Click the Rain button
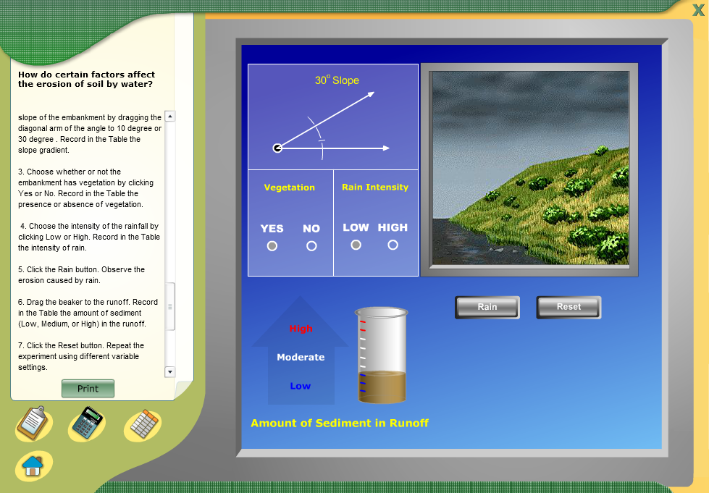[x=487, y=307]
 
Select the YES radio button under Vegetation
[x=272, y=246]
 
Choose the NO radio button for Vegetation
[x=311, y=246]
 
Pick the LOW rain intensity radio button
[x=356, y=245]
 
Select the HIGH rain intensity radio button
[x=393, y=245]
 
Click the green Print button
[x=88, y=389]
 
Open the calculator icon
[x=87, y=424]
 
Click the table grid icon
[x=143, y=424]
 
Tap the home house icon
[x=33, y=466]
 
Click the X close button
[x=698, y=10]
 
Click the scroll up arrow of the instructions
[x=170, y=116]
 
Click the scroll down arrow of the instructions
[x=170, y=372]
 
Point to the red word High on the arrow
[x=301, y=329]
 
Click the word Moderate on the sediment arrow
[x=301, y=357]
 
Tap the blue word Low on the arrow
[x=301, y=386]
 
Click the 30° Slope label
[x=337, y=80]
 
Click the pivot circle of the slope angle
[x=277, y=148]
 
